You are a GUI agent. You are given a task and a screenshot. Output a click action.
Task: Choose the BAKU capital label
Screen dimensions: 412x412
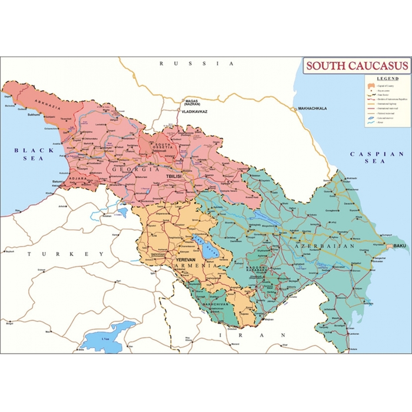coord(400,245)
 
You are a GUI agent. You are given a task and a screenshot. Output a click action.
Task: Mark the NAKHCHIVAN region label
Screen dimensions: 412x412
coord(214,305)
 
